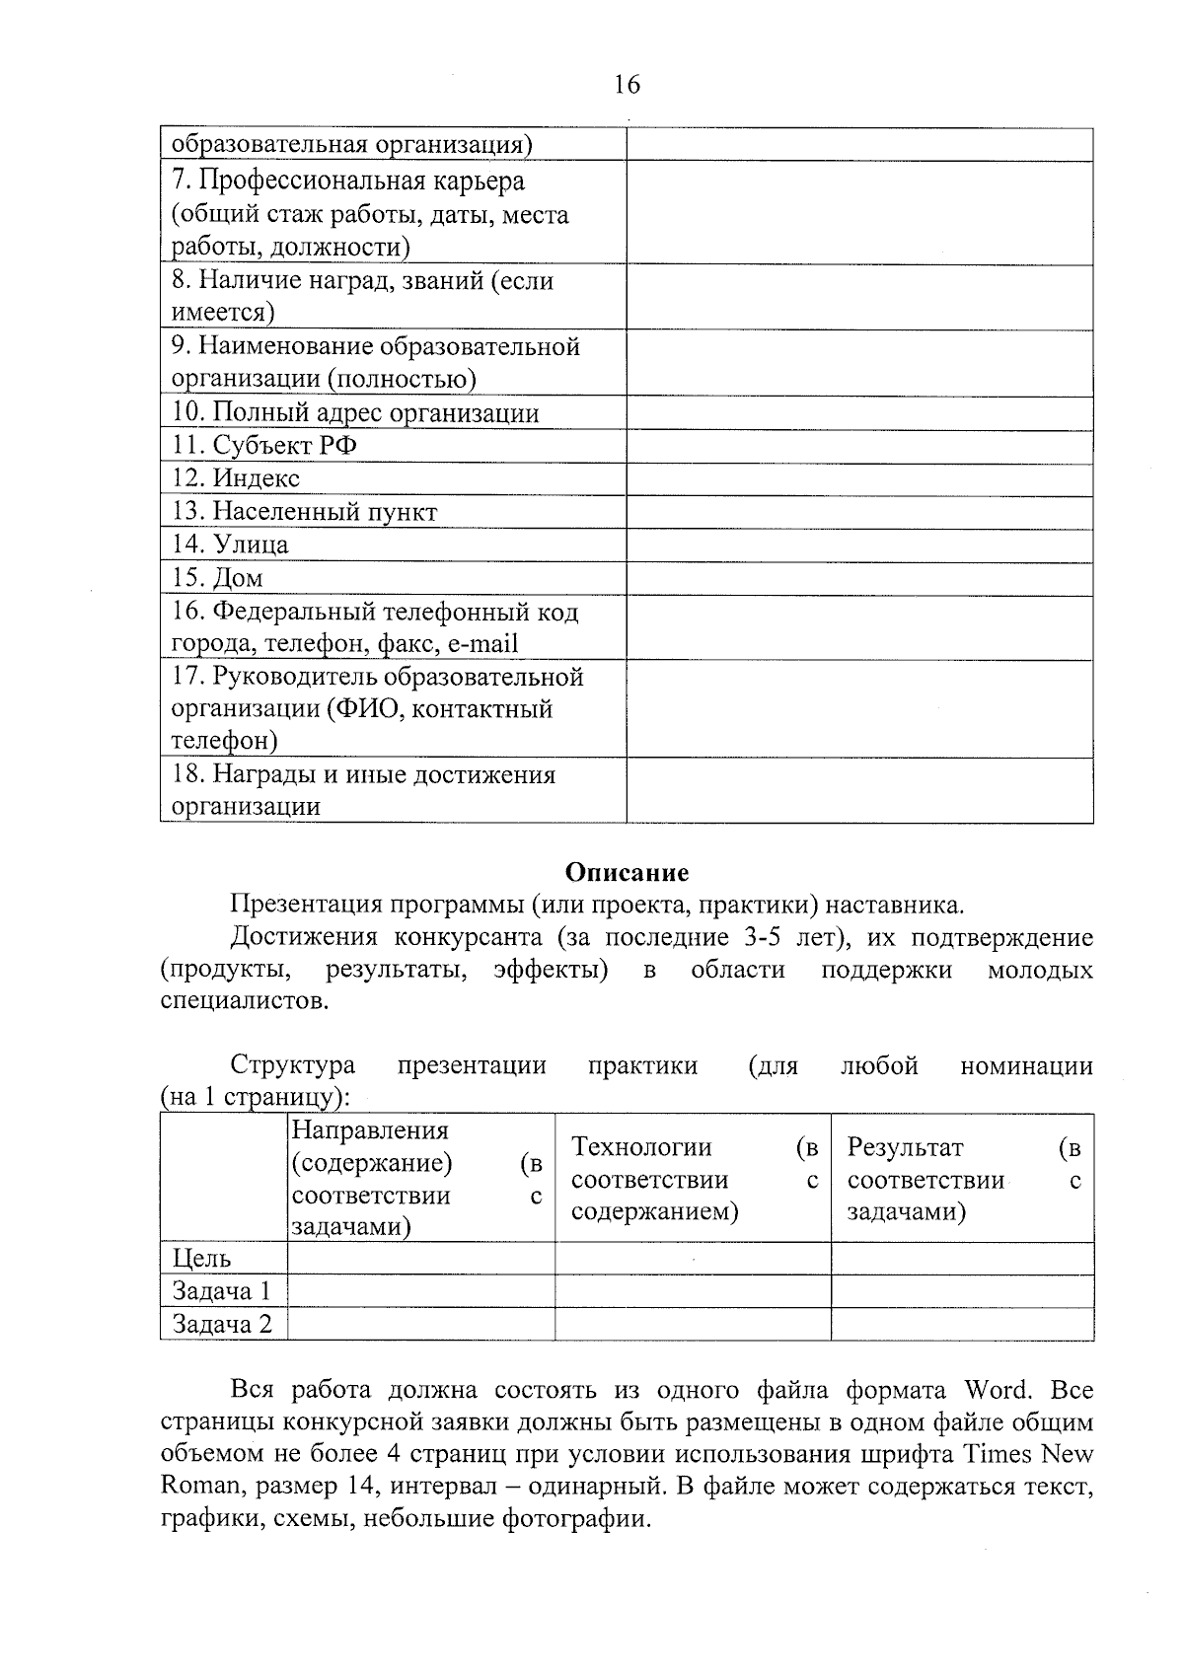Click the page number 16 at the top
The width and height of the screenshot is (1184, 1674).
click(x=627, y=85)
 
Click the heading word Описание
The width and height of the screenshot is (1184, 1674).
click(x=627, y=872)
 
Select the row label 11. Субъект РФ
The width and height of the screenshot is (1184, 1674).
click(x=264, y=446)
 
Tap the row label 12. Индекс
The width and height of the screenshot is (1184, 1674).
click(x=236, y=479)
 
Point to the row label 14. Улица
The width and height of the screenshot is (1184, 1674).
click(x=231, y=546)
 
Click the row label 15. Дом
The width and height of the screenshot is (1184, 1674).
click(x=218, y=579)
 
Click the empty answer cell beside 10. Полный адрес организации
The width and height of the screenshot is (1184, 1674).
click(x=859, y=413)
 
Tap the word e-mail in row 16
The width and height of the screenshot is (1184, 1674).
click(x=481, y=645)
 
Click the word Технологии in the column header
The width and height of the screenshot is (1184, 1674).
click(x=641, y=1147)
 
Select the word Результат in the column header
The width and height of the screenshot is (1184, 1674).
click(x=905, y=1147)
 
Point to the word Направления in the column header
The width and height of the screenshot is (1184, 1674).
click(x=370, y=1130)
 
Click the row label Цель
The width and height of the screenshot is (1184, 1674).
click(x=202, y=1259)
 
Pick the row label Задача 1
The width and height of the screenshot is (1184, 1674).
click(x=221, y=1291)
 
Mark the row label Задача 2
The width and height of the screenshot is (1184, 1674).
click(x=222, y=1324)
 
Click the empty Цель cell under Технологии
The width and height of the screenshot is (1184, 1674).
click(x=693, y=1259)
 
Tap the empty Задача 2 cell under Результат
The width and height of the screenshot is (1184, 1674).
click(x=962, y=1324)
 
